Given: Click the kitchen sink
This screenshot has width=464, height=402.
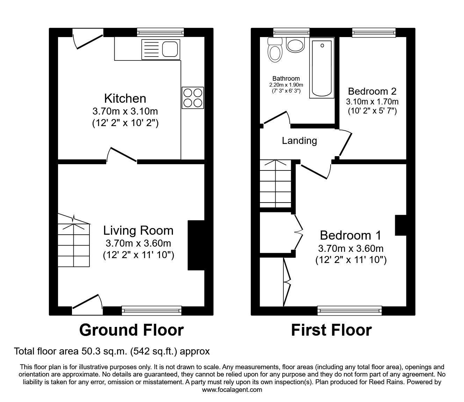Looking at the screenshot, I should (161, 49).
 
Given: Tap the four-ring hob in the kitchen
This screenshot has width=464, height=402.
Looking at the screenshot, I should (193, 98).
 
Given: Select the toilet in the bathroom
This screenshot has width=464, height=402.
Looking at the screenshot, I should (275, 51).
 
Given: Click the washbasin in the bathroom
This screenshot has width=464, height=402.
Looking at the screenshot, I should (296, 44).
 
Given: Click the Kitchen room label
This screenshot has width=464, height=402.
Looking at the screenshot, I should (125, 98).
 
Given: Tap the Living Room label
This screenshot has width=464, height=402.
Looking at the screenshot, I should (138, 231).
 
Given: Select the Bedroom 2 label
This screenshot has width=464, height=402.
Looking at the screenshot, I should (372, 92).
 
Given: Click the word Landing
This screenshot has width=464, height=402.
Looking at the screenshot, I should (299, 141).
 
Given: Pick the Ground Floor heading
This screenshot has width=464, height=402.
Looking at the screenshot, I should (131, 330).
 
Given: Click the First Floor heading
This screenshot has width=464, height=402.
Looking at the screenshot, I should (331, 330).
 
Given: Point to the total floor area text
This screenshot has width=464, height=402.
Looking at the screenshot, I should (112, 351).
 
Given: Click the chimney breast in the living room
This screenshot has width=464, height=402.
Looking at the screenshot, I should (196, 245).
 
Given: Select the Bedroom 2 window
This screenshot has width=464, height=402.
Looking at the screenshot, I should (374, 32).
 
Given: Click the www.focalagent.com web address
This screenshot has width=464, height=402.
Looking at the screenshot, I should (232, 390).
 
